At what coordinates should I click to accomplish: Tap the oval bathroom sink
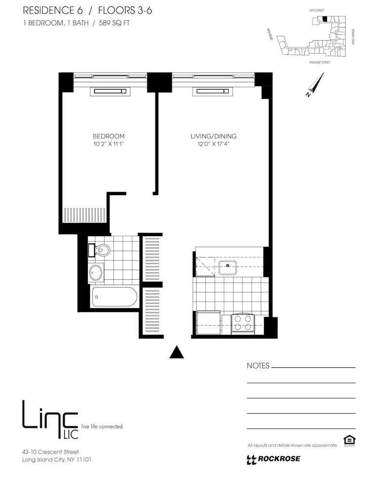[x=96, y=272]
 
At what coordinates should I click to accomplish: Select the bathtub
[x=114, y=296]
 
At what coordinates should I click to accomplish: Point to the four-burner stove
[x=243, y=323]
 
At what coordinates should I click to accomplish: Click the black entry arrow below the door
[x=177, y=353]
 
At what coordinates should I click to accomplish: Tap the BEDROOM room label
[x=109, y=136]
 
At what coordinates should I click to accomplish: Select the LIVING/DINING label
[x=213, y=136]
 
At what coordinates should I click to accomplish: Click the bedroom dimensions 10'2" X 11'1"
[x=109, y=144]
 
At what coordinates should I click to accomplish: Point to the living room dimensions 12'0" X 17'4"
[x=213, y=144]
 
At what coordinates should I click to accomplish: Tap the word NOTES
[x=258, y=366]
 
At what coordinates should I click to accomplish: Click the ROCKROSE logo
[x=273, y=459]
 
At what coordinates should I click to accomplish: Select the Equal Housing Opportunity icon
[x=349, y=440]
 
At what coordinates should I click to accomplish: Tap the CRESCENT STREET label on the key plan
[x=320, y=62]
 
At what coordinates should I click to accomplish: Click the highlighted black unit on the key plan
[x=325, y=19]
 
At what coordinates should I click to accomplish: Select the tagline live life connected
[x=103, y=426]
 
